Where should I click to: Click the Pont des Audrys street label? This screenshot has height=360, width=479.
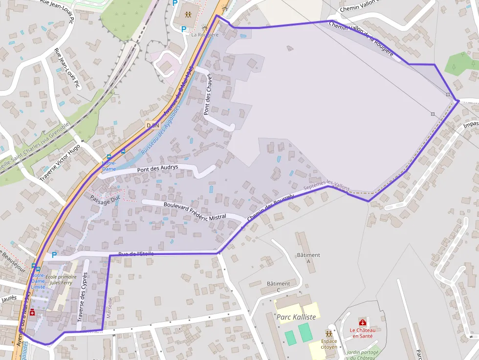pyautogui.click(x=158, y=169)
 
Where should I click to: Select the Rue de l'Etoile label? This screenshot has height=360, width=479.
pyautogui.click(x=136, y=254)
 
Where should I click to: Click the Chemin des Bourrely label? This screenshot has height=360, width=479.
pyautogui.click(x=271, y=209)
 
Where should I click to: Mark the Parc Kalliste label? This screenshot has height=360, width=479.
pyautogui.click(x=296, y=317)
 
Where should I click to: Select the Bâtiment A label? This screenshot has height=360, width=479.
pyautogui.click(x=308, y=258)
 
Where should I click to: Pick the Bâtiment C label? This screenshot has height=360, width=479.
pyautogui.click(x=279, y=287)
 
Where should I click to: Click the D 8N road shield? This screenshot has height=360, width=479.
pyautogui.click(x=153, y=126)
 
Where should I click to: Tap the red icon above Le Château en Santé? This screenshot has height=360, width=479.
pyautogui.click(x=362, y=322)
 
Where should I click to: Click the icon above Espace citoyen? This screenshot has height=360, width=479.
pyautogui.click(x=329, y=333)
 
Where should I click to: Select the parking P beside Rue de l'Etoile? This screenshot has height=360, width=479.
pyautogui.click(x=54, y=254)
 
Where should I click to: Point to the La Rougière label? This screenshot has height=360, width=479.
pyautogui.click(x=205, y=35)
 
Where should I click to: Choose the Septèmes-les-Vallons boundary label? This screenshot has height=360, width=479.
pyautogui.click(x=327, y=185)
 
